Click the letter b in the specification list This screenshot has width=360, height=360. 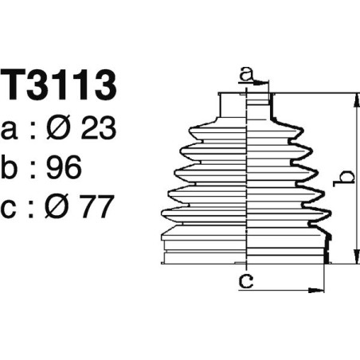[x=14, y=166]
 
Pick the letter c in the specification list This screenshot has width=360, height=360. [x=14, y=208]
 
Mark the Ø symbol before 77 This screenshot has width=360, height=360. [x=65, y=208]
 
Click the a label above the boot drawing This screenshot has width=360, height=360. [x=248, y=75]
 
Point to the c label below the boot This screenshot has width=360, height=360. [x=248, y=280]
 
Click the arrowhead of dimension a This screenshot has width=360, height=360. [x=266, y=83]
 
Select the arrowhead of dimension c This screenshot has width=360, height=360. [x=320, y=289]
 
